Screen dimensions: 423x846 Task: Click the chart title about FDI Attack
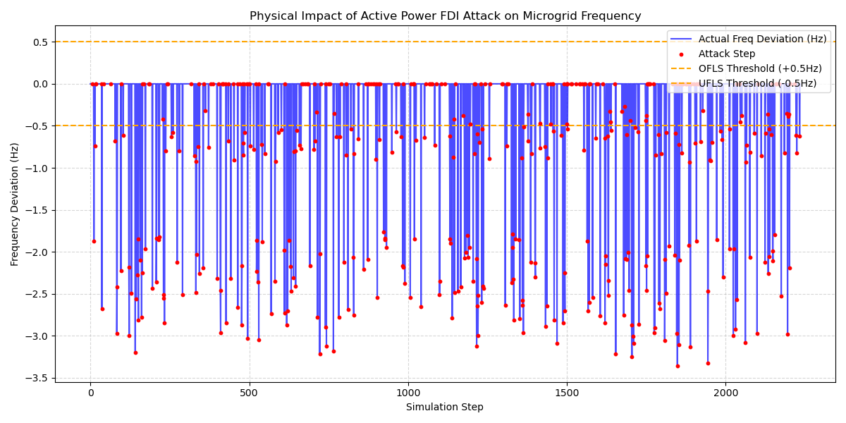tap(445, 16)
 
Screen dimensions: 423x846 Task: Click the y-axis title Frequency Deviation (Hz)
tap(15, 204)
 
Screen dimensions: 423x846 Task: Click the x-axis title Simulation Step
tap(445, 407)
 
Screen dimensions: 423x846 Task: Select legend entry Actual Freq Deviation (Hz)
tap(762, 39)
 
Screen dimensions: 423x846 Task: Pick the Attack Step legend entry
tap(727, 54)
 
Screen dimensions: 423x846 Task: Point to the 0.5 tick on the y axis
tap(39, 42)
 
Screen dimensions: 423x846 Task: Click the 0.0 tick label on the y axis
tap(39, 84)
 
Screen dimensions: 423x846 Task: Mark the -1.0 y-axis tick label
tap(37, 168)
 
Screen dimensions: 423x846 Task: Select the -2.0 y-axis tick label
tap(37, 252)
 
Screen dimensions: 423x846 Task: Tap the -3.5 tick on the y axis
tap(37, 378)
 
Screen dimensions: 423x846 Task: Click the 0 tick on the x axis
tap(90, 393)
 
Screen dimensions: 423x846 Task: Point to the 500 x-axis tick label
tap(249, 393)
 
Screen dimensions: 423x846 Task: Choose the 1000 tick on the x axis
tap(408, 393)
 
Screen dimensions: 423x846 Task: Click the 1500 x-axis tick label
tap(567, 393)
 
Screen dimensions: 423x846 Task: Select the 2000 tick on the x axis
tap(726, 393)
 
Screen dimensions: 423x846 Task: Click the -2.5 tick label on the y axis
tap(37, 294)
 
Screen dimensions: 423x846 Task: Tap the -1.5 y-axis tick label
tap(37, 210)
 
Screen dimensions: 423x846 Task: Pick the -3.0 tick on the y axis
tap(37, 336)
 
